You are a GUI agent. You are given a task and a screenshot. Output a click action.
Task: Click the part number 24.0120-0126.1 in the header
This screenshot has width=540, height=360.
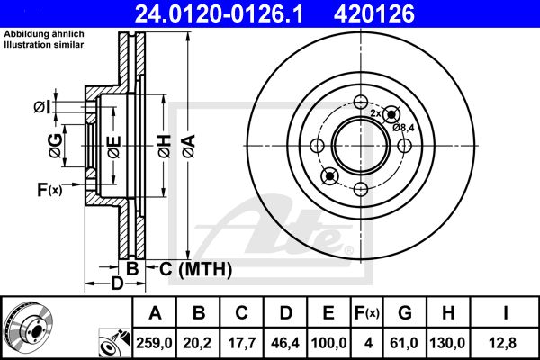pyautogui.click(x=219, y=13)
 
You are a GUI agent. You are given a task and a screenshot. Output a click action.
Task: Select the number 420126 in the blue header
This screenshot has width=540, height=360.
pyautogui.click(x=374, y=13)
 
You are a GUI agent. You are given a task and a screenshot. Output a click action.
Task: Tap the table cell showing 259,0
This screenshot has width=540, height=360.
pyautogui.click(x=154, y=343)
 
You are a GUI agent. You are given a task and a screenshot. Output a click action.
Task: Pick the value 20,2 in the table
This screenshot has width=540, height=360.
pyautogui.click(x=197, y=343)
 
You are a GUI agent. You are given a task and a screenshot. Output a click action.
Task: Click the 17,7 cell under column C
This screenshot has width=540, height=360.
pyautogui.click(x=242, y=343)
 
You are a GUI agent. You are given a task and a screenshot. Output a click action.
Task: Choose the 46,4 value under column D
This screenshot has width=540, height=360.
pyautogui.click(x=285, y=343)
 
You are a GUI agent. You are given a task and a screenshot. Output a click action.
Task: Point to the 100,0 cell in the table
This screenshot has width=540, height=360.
pyautogui.click(x=328, y=343)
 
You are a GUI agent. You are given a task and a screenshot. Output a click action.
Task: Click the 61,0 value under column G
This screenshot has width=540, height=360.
pyautogui.click(x=404, y=343)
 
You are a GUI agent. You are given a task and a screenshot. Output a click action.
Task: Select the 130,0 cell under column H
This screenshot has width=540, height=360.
pyautogui.click(x=447, y=343)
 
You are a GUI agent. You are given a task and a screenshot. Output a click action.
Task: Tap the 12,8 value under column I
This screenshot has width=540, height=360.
pyautogui.click(x=503, y=343)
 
